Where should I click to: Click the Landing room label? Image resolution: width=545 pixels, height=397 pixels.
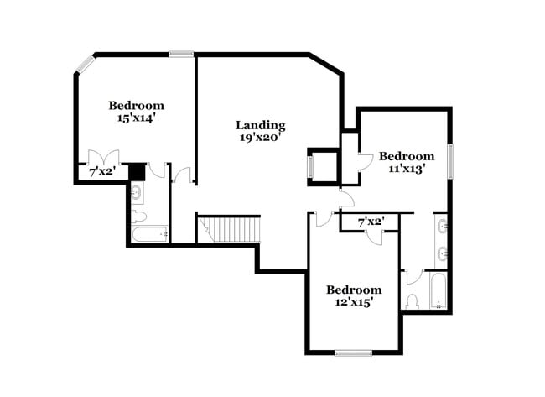(x=260, y=125)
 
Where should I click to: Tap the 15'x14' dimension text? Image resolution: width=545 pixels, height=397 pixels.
(x=136, y=118)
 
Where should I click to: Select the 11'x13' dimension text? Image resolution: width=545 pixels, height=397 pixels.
(x=407, y=168)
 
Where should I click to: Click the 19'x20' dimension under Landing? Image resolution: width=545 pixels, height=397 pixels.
(x=260, y=138)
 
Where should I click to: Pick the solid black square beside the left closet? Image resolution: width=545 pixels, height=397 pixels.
(x=138, y=172)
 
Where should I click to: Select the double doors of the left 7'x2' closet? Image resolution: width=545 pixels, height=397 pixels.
(x=104, y=158)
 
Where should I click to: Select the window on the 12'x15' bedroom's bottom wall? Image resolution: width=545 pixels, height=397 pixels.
(x=353, y=353)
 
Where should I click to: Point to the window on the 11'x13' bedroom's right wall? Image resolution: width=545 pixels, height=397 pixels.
(x=450, y=161)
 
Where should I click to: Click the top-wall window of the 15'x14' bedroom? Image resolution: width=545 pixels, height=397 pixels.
(x=181, y=55)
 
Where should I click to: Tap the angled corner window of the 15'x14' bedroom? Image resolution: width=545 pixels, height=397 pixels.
(x=85, y=64)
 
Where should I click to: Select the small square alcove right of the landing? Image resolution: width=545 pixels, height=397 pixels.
(x=322, y=165)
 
